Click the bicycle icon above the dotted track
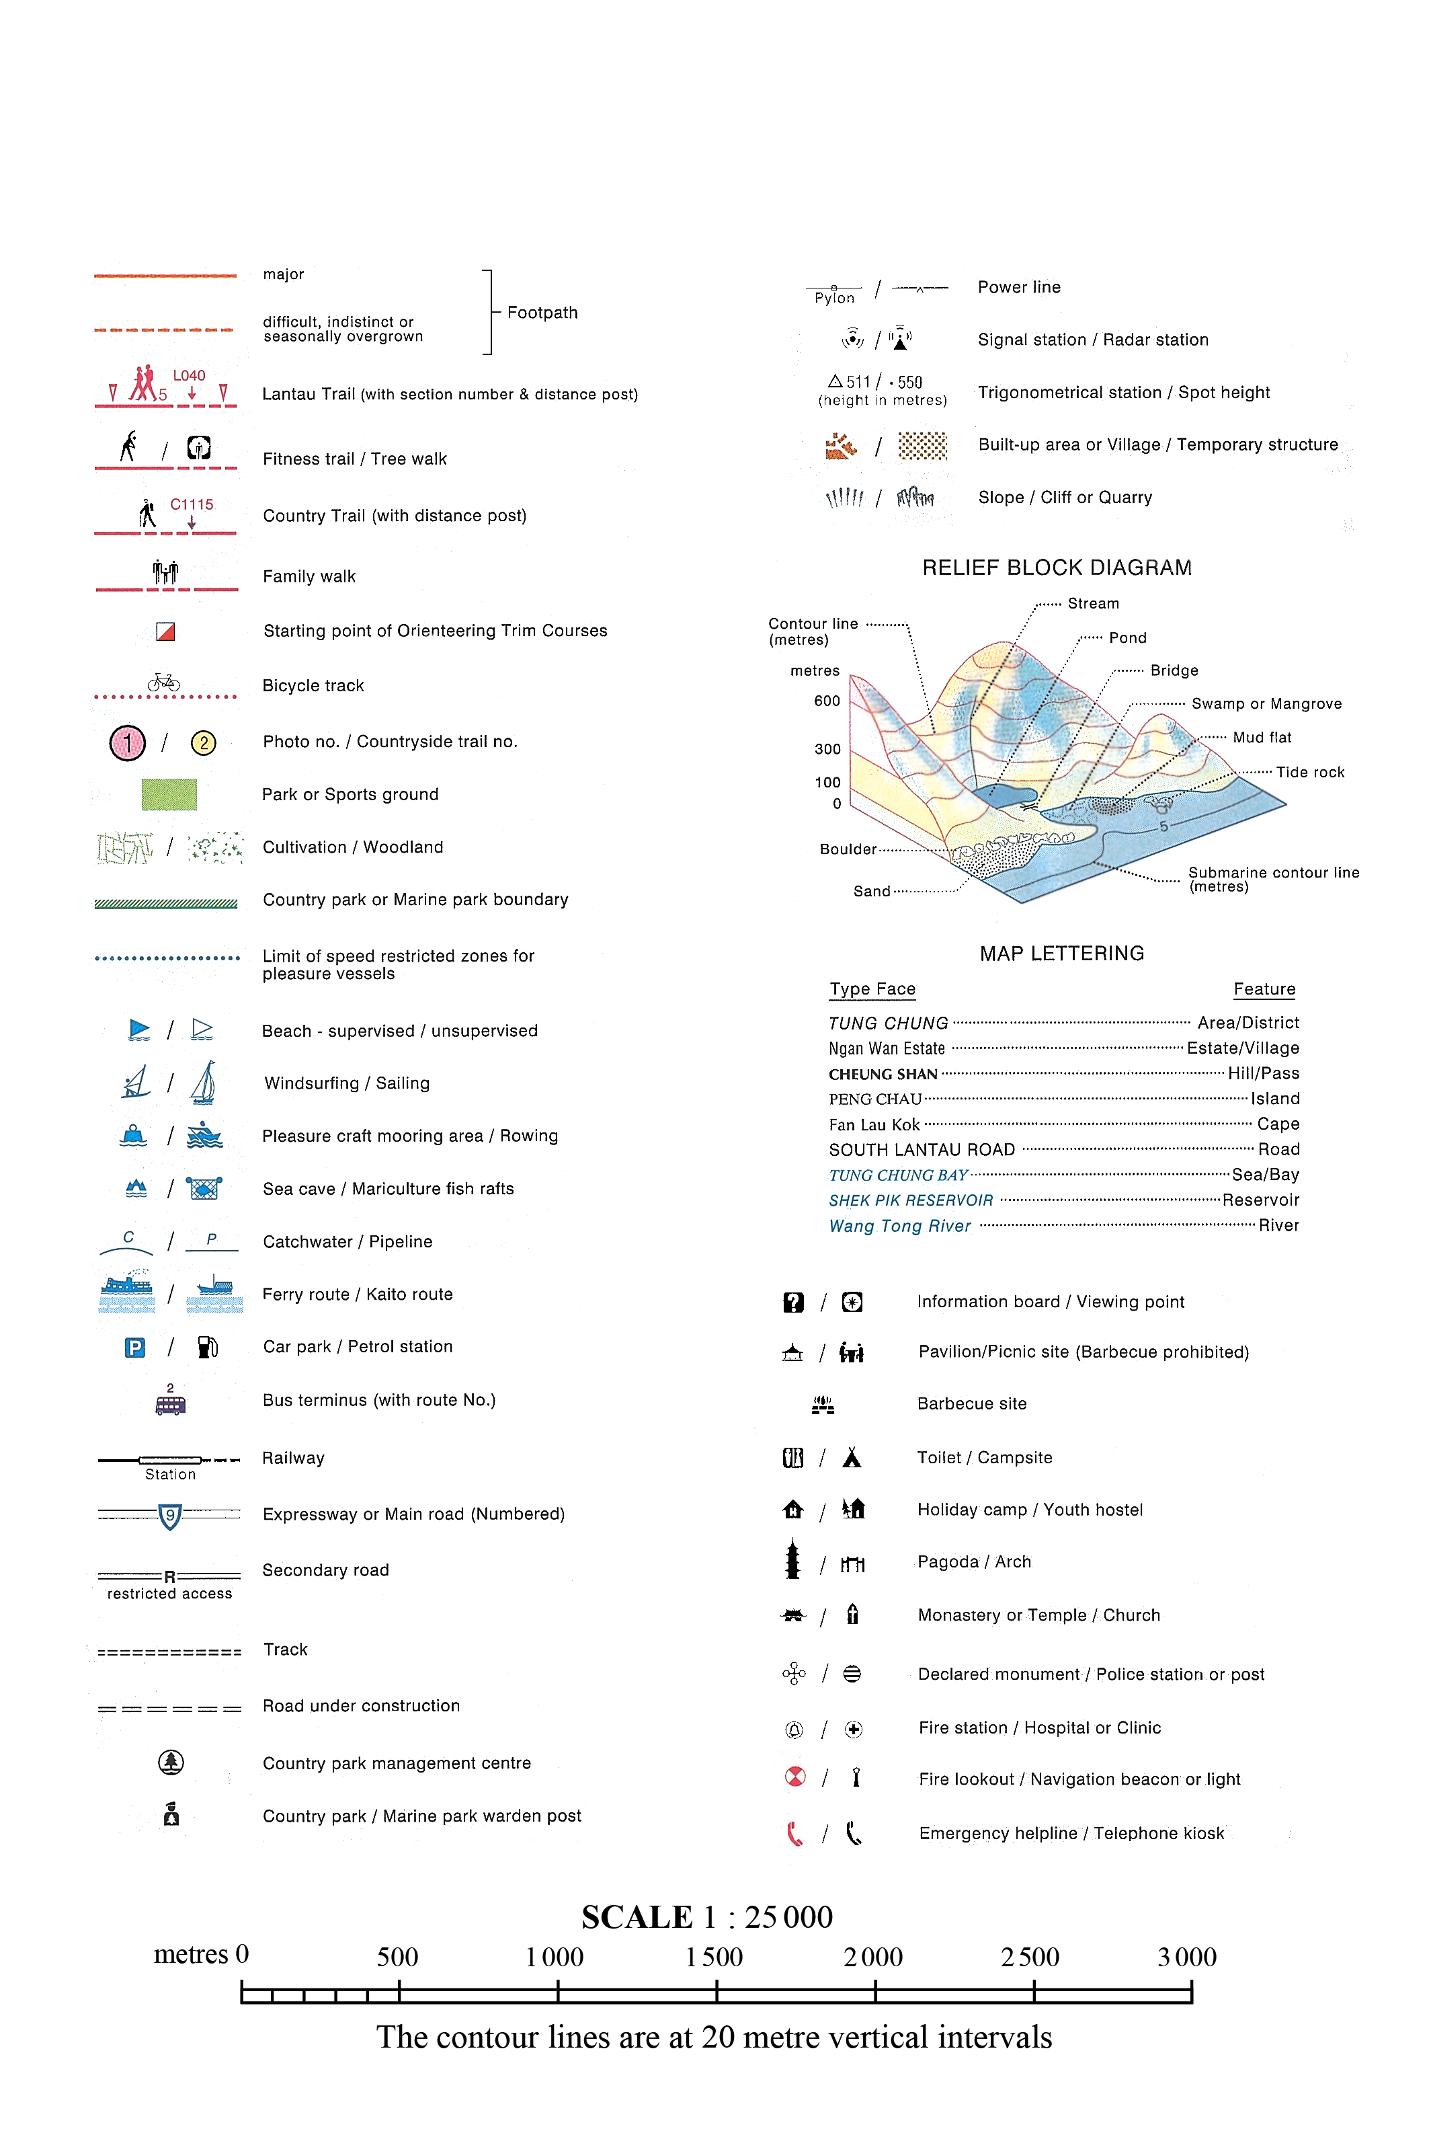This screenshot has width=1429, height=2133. pyautogui.click(x=164, y=682)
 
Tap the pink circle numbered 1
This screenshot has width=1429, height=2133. pyautogui.click(x=128, y=743)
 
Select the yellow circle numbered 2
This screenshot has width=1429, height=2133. pyautogui.click(x=203, y=743)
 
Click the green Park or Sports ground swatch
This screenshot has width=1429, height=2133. pyautogui.click(x=169, y=794)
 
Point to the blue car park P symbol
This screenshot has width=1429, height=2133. pyautogui.click(x=135, y=1348)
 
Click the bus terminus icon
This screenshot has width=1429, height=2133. pyautogui.click(x=171, y=1405)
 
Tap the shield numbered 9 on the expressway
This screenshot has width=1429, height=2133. pyautogui.click(x=169, y=1516)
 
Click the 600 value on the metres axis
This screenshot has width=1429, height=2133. pyautogui.click(x=827, y=701)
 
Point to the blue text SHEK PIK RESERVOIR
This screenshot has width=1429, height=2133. pyautogui.click(x=911, y=1200)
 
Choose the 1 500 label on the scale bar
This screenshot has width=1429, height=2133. pyautogui.click(x=714, y=1956)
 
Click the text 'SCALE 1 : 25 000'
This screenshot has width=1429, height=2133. pyautogui.click(x=707, y=1917)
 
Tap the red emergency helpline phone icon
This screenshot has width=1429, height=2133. pyautogui.click(x=794, y=1833)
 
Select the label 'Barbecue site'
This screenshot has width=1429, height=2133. pyautogui.click(x=971, y=1404)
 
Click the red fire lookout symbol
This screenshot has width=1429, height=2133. pyautogui.click(x=794, y=1777)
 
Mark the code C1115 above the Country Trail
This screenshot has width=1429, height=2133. pyautogui.click(x=192, y=504)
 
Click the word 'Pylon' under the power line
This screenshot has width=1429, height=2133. pyautogui.click(x=835, y=298)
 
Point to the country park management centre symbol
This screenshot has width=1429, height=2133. pyautogui.click(x=171, y=1762)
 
